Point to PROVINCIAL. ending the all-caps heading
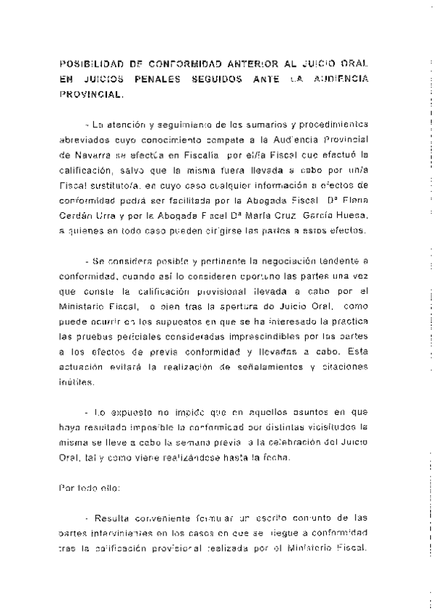click(92, 95)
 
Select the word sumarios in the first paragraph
click(247, 124)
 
